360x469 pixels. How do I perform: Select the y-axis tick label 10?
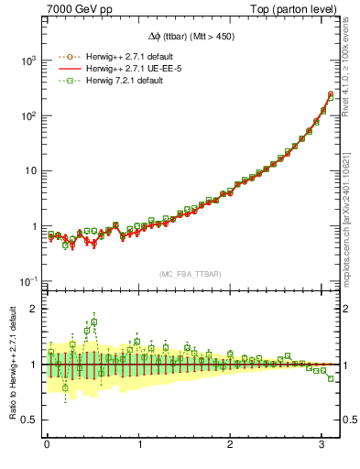[28, 170]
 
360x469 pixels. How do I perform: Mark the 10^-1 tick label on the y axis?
[26, 280]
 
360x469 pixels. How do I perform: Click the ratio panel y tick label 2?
[34, 309]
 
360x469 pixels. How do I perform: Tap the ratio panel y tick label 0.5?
[29, 420]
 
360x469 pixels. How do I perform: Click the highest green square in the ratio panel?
[93, 322]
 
